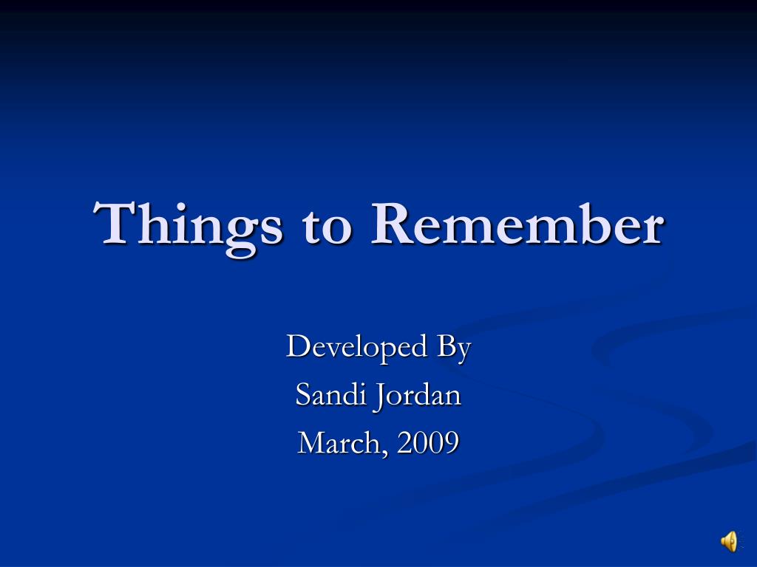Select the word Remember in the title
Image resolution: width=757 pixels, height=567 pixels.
(516, 224)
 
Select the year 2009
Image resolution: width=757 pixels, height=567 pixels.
(427, 443)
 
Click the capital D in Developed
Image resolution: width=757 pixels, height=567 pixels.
(296, 346)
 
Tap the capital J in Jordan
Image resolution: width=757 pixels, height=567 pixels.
(378, 396)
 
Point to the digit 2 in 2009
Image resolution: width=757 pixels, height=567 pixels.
(404, 443)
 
